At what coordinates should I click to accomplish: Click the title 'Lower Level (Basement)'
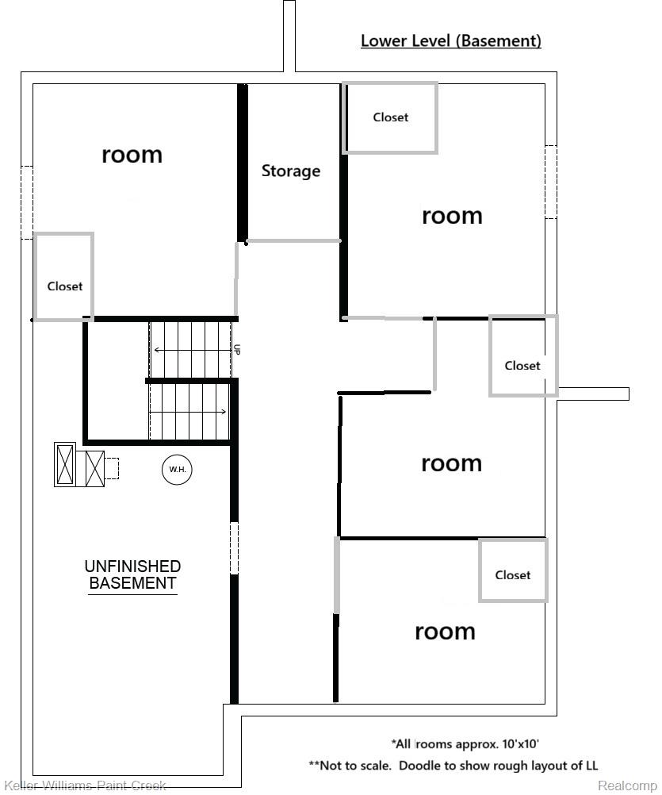point(450,40)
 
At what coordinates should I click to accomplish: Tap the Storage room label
point(291,171)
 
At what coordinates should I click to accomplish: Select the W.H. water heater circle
point(177,470)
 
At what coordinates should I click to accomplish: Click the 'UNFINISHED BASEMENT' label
point(132,575)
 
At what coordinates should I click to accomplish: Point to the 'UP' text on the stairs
point(236,349)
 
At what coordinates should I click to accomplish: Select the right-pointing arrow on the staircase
point(190,411)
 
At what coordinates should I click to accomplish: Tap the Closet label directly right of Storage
point(390,117)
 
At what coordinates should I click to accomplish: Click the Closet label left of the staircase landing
point(64,286)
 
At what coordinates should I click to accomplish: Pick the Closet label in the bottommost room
point(512,575)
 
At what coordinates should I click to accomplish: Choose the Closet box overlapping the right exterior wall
point(522,366)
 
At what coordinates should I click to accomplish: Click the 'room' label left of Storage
point(132,154)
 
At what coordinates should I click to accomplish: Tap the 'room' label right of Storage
point(452,215)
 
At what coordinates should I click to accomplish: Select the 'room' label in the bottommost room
point(445,631)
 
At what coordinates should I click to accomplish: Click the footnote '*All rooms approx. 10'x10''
point(465,743)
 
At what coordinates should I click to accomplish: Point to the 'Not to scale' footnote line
point(453,766)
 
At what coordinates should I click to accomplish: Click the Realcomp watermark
point(626,785)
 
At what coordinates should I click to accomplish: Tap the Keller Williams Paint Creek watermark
point(85,785)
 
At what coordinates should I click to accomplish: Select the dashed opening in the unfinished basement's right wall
point(234,547)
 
